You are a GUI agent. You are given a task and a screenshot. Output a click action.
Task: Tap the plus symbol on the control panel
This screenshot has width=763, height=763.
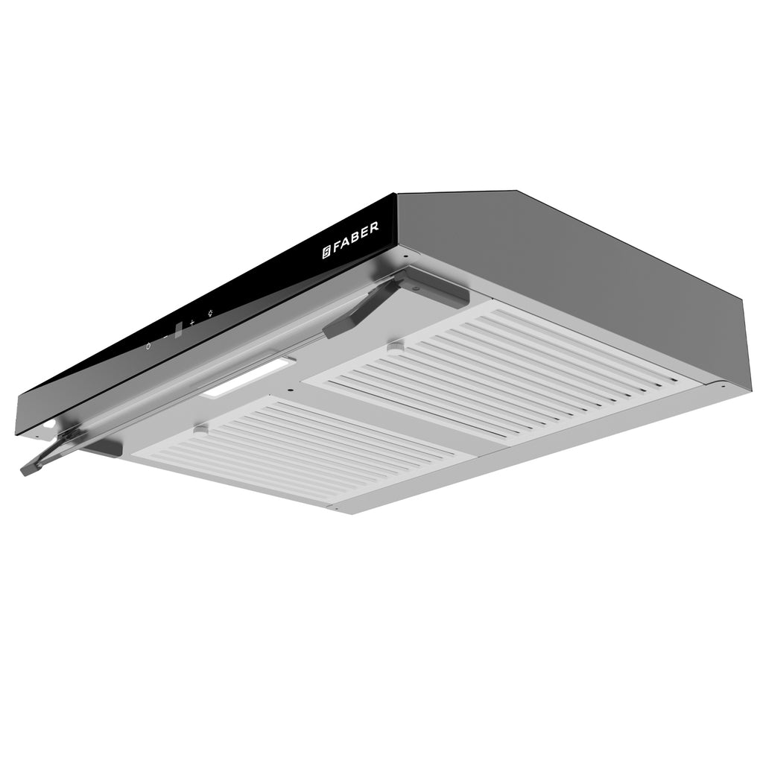[x=191, y=323]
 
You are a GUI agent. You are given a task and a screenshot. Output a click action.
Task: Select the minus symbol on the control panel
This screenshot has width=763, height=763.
[x=165, y=337]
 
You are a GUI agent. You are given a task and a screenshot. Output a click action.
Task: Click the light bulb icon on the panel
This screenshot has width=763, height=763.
[x=209, y=313]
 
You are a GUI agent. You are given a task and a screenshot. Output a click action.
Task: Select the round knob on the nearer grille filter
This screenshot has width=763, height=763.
[x=200, y=429]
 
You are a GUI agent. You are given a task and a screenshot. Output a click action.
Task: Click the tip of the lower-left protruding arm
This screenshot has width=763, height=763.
[x=27, y=469]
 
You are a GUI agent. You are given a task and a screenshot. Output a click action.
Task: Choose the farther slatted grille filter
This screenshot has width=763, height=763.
[x=507, y=373]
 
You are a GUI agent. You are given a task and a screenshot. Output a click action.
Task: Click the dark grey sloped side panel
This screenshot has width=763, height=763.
[x=566, y=276]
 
